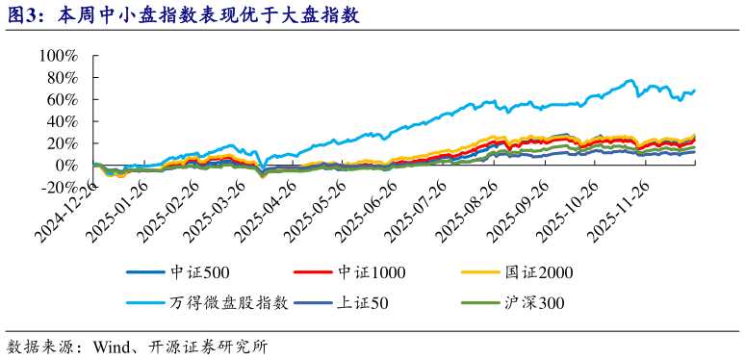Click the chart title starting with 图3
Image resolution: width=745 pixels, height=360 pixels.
point(183,14)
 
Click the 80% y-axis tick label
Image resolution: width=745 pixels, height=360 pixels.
point(63,78)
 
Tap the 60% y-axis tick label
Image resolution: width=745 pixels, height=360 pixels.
point(63,100)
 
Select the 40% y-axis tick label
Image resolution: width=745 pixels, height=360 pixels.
point(63,122)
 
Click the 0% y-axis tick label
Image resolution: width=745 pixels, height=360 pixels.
point(67,166)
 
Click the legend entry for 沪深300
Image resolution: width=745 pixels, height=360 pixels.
point(533,303)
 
